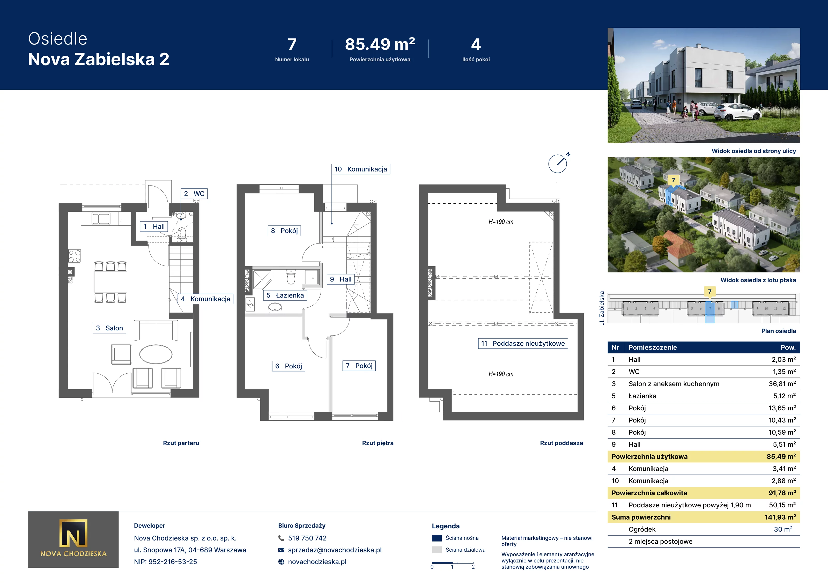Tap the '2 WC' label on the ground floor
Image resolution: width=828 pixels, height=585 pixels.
coord(194,194)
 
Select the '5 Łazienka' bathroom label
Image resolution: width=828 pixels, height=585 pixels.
coord(285,295)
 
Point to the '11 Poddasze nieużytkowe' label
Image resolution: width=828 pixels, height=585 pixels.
coord(523,343)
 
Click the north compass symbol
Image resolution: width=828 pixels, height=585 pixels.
coord(558,163)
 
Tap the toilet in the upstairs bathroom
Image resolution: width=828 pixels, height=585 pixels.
coord(291,277)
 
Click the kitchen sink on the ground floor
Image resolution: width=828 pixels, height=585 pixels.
coord(101,219)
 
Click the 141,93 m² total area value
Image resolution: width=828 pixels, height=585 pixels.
coord(780,517)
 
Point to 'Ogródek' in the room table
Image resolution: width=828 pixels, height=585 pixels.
coord(642,529)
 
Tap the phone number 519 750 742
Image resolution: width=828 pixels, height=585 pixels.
coord(307,538)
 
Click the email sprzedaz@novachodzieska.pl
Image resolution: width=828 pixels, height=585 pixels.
coord(335,550)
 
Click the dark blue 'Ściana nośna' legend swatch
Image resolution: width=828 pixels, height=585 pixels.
coord(437,538)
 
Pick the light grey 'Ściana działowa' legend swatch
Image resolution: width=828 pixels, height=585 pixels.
coord(437,550)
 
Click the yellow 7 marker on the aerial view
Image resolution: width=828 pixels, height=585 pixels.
coord(673,180)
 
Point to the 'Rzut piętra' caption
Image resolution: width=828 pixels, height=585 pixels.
coord(378,443)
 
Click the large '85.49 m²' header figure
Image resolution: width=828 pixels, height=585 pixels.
coord(380,44)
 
